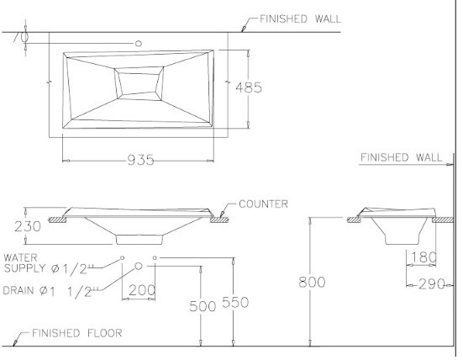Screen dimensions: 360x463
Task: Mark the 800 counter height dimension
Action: (x=312, y=282)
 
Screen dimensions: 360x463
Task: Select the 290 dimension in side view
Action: (x=429, y=284)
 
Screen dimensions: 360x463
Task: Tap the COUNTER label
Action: (x=263, y=204)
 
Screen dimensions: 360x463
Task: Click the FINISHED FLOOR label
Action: (x=76, y=333)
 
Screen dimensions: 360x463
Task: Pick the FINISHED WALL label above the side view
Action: (x=401, y=157)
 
